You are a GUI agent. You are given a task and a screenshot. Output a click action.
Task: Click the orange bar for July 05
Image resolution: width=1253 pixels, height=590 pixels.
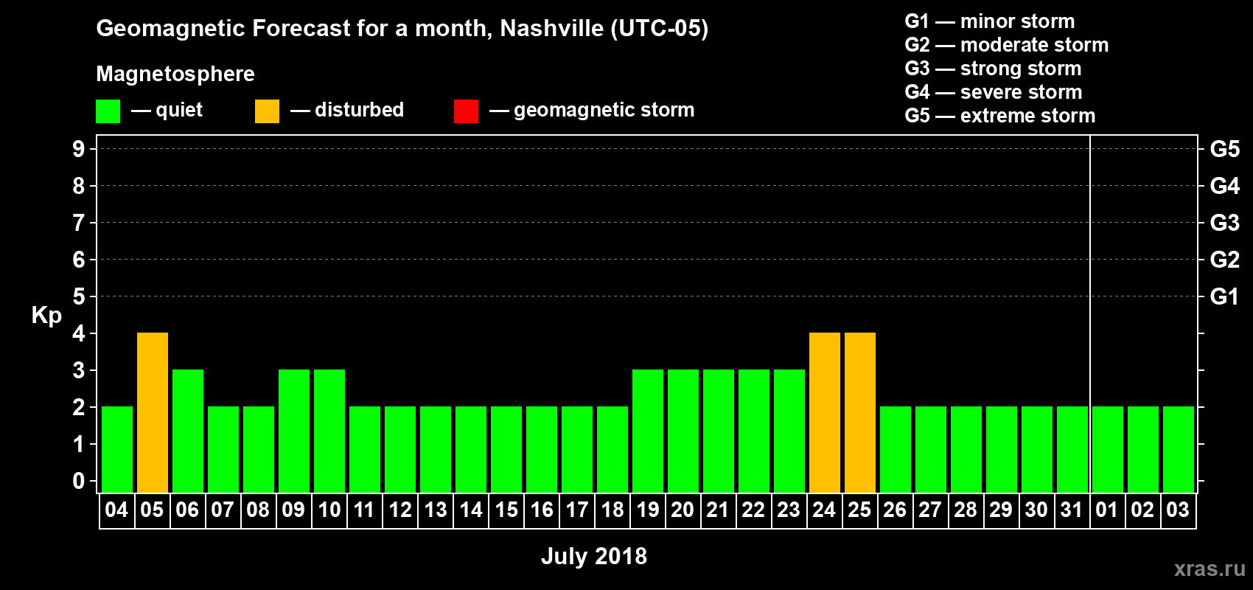(153, 412)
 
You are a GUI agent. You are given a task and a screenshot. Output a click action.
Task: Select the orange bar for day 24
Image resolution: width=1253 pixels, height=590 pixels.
(825, 412)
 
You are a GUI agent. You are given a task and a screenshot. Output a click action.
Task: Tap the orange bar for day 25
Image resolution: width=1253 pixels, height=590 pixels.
(860, 412)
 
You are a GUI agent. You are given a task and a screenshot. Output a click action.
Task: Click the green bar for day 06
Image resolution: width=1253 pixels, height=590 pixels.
(188, 431)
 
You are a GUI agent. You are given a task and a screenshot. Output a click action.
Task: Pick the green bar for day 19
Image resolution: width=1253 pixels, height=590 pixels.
(648, 431)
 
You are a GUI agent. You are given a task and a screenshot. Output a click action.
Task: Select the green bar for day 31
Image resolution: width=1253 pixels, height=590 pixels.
(1072, 449)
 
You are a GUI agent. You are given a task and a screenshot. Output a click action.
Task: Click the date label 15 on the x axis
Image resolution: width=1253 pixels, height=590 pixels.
(506, 510)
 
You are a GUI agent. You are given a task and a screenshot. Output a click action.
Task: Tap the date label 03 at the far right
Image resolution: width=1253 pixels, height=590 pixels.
(1178, 510)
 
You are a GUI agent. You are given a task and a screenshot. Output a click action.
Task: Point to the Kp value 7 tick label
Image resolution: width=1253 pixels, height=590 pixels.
(79, 223)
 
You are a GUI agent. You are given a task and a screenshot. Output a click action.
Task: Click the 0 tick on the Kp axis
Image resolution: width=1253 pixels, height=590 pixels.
(79, 481)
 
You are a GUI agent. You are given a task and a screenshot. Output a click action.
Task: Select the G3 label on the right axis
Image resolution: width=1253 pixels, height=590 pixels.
(1224, 223)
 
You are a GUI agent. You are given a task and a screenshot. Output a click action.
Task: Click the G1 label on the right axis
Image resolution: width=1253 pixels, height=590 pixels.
(1224, 296)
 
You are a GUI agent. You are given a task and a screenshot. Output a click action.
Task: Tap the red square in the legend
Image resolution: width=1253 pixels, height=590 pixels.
(466, 111)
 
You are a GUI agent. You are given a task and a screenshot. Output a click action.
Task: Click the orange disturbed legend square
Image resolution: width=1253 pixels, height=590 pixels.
(267, 111)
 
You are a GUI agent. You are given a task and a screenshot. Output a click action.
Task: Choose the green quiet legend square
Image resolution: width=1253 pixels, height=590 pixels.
(108, 111)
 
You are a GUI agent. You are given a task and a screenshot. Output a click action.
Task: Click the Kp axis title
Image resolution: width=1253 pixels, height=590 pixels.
(46, 315)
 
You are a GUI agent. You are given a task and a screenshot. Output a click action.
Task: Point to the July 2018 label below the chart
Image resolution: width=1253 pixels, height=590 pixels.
(593, 556)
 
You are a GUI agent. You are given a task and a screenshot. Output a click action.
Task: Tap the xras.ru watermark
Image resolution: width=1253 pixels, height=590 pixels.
(1209, 569)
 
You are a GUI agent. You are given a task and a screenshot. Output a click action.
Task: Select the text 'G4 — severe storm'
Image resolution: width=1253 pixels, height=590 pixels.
(993, 92)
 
